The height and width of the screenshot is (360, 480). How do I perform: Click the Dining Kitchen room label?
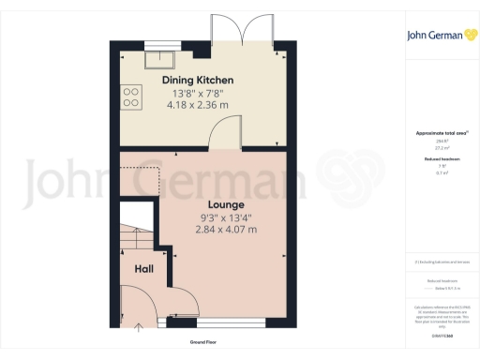198,81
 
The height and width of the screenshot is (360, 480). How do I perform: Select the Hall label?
144,269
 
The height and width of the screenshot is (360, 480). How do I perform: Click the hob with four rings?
130,97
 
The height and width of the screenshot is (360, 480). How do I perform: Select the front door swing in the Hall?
141,305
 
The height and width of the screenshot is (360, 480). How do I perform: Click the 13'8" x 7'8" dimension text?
198,94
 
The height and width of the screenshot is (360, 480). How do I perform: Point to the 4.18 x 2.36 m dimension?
198,106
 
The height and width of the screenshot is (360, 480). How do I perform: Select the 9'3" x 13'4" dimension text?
226,217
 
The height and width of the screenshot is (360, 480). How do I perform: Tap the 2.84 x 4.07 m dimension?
226,230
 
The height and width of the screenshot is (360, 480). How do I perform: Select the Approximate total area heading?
433,133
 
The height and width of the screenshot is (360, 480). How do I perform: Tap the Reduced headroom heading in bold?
433,160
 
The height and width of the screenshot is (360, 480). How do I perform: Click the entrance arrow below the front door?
140,328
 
